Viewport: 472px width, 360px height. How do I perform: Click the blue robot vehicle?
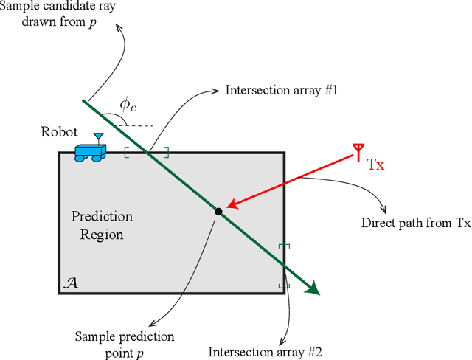(x=91, y=151)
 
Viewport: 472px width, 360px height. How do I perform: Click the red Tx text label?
(x=376, y=165)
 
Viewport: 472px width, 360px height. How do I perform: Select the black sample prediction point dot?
(x=218, y=212)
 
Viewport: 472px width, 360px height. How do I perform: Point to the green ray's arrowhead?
(x=313, y=288)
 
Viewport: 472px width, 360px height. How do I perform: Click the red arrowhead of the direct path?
(x=231, y=204)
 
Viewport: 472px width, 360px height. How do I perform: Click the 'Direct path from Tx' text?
(x=416, y=223)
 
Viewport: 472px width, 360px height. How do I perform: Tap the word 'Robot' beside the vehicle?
(x=60, y=132)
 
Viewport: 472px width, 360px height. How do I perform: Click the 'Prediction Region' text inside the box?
(x=102, y=226)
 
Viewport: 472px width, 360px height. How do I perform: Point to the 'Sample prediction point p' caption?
(x=125, y=343)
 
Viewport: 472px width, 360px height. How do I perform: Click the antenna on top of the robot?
(x=97, y=138)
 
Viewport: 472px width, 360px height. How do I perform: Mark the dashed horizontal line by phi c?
(x=136, y=125)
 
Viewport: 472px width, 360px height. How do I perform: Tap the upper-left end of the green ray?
(x=84, y=100)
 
